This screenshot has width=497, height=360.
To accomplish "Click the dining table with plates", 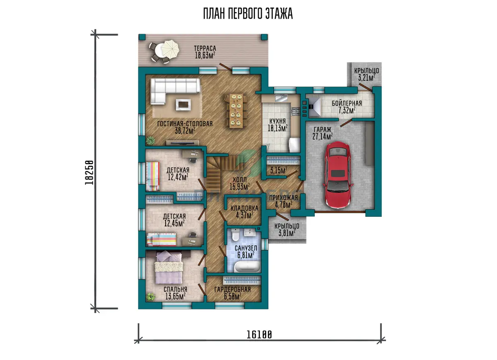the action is (236, 111).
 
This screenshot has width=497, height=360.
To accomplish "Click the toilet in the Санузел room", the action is (235, 235).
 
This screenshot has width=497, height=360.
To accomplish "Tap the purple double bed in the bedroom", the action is (169, 268).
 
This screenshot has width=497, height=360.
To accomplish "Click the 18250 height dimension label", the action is (89, 173).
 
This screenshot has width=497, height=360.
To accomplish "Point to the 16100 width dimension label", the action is (259, 335).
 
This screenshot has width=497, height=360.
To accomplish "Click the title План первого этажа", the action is (248, 14).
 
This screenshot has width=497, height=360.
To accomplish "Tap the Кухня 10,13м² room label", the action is (277, 125).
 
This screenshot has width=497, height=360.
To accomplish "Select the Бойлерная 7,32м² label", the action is (347, 107).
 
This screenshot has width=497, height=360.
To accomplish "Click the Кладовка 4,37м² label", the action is (244, 212).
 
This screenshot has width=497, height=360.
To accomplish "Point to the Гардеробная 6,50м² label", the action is (232, 293).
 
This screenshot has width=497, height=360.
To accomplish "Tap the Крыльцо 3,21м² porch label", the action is (366, 74).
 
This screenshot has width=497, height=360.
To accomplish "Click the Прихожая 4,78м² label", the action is (283, 201).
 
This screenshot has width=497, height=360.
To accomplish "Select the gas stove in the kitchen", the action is (295, 111).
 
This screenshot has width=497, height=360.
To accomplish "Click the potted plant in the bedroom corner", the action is (151, 297).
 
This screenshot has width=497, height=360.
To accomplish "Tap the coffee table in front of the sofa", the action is (183, 104).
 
